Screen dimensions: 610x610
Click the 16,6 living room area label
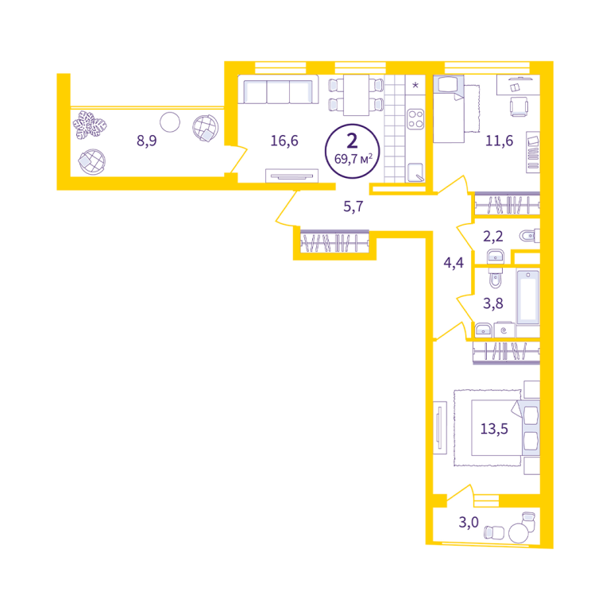[284, 141]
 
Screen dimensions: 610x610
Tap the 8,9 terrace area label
[147, 141]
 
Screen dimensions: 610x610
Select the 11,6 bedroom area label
[499, 141]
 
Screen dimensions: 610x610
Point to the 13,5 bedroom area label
[494, 429]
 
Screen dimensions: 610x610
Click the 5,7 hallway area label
[353, 207]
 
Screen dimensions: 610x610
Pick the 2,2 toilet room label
[493, 236]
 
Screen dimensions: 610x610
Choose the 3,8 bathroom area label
[493, 303]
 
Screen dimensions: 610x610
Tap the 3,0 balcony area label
[469, 522]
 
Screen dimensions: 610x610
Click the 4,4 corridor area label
[454, 263]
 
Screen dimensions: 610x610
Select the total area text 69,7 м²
[353, 159]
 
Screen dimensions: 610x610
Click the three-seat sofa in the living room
[278, 90]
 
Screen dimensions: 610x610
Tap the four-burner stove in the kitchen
[415, 119]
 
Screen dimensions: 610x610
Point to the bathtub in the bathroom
[528, 297]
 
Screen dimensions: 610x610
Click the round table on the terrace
[170, 122]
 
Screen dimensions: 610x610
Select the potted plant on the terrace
[90, 125]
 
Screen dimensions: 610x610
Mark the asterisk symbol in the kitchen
[415, 85]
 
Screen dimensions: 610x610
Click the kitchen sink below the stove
[415, 172]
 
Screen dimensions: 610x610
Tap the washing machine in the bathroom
[504, 330]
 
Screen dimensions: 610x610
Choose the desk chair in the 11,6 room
[519, 106]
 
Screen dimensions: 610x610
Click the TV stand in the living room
[291, 176]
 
